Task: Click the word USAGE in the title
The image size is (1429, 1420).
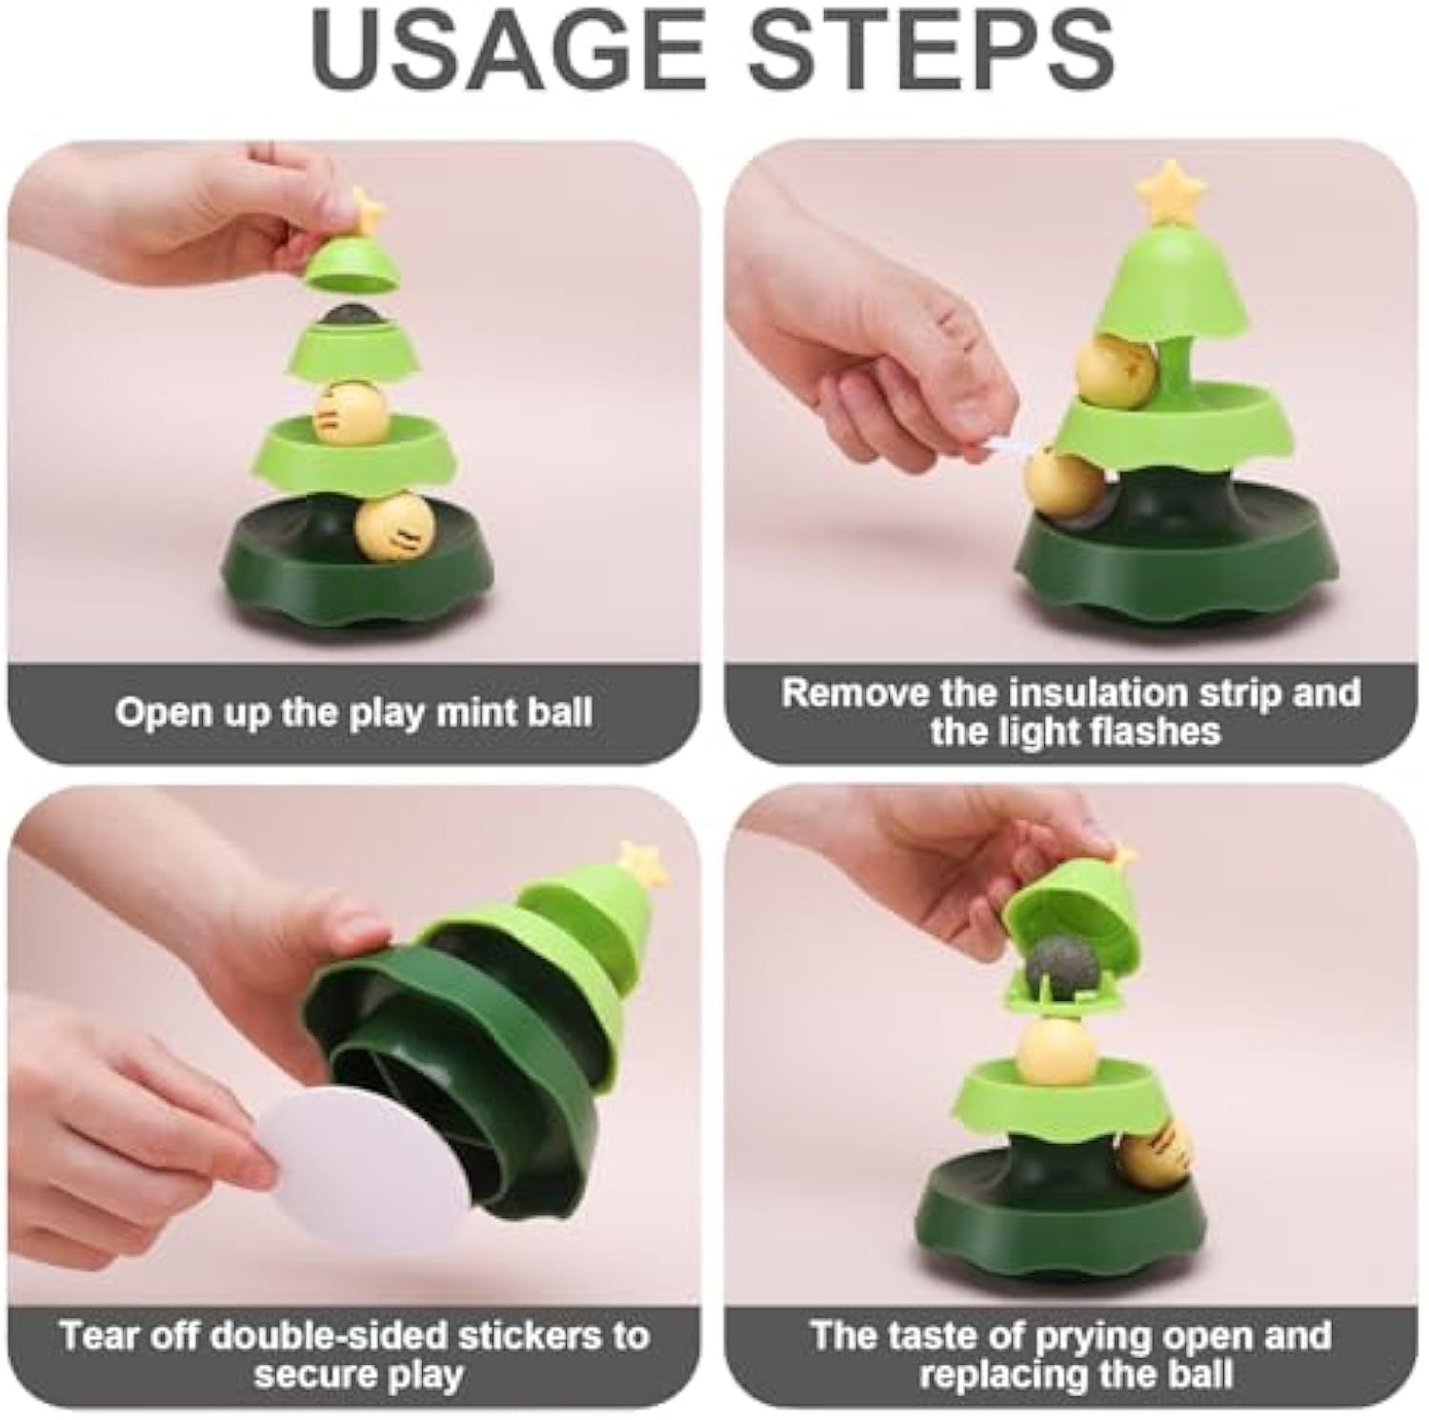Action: pos(509,50)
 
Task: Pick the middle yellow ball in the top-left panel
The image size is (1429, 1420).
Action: pos(350,412)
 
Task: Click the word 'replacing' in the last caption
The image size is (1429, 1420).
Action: pos(1004,1375)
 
